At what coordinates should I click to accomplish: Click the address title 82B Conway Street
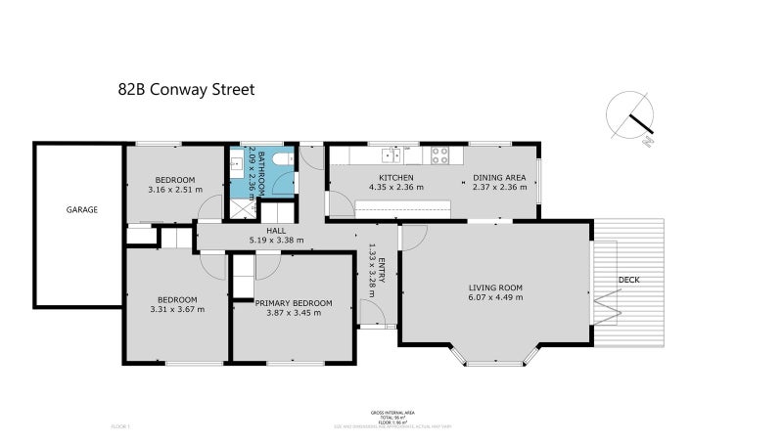pyautogui.click(x=185, y=89)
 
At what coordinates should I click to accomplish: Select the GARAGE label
pyautogui.click(x=81, y=210)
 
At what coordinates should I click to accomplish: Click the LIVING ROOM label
pyautogui.click(x=495, y=287)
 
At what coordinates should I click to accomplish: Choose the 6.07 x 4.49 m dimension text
pyautogui.click(x=495, y=297)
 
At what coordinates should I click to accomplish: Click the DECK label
pyautogui.click(x=629, y=281)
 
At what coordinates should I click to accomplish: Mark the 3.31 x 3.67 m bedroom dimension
pyautogui.click(x=177, y=310)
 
